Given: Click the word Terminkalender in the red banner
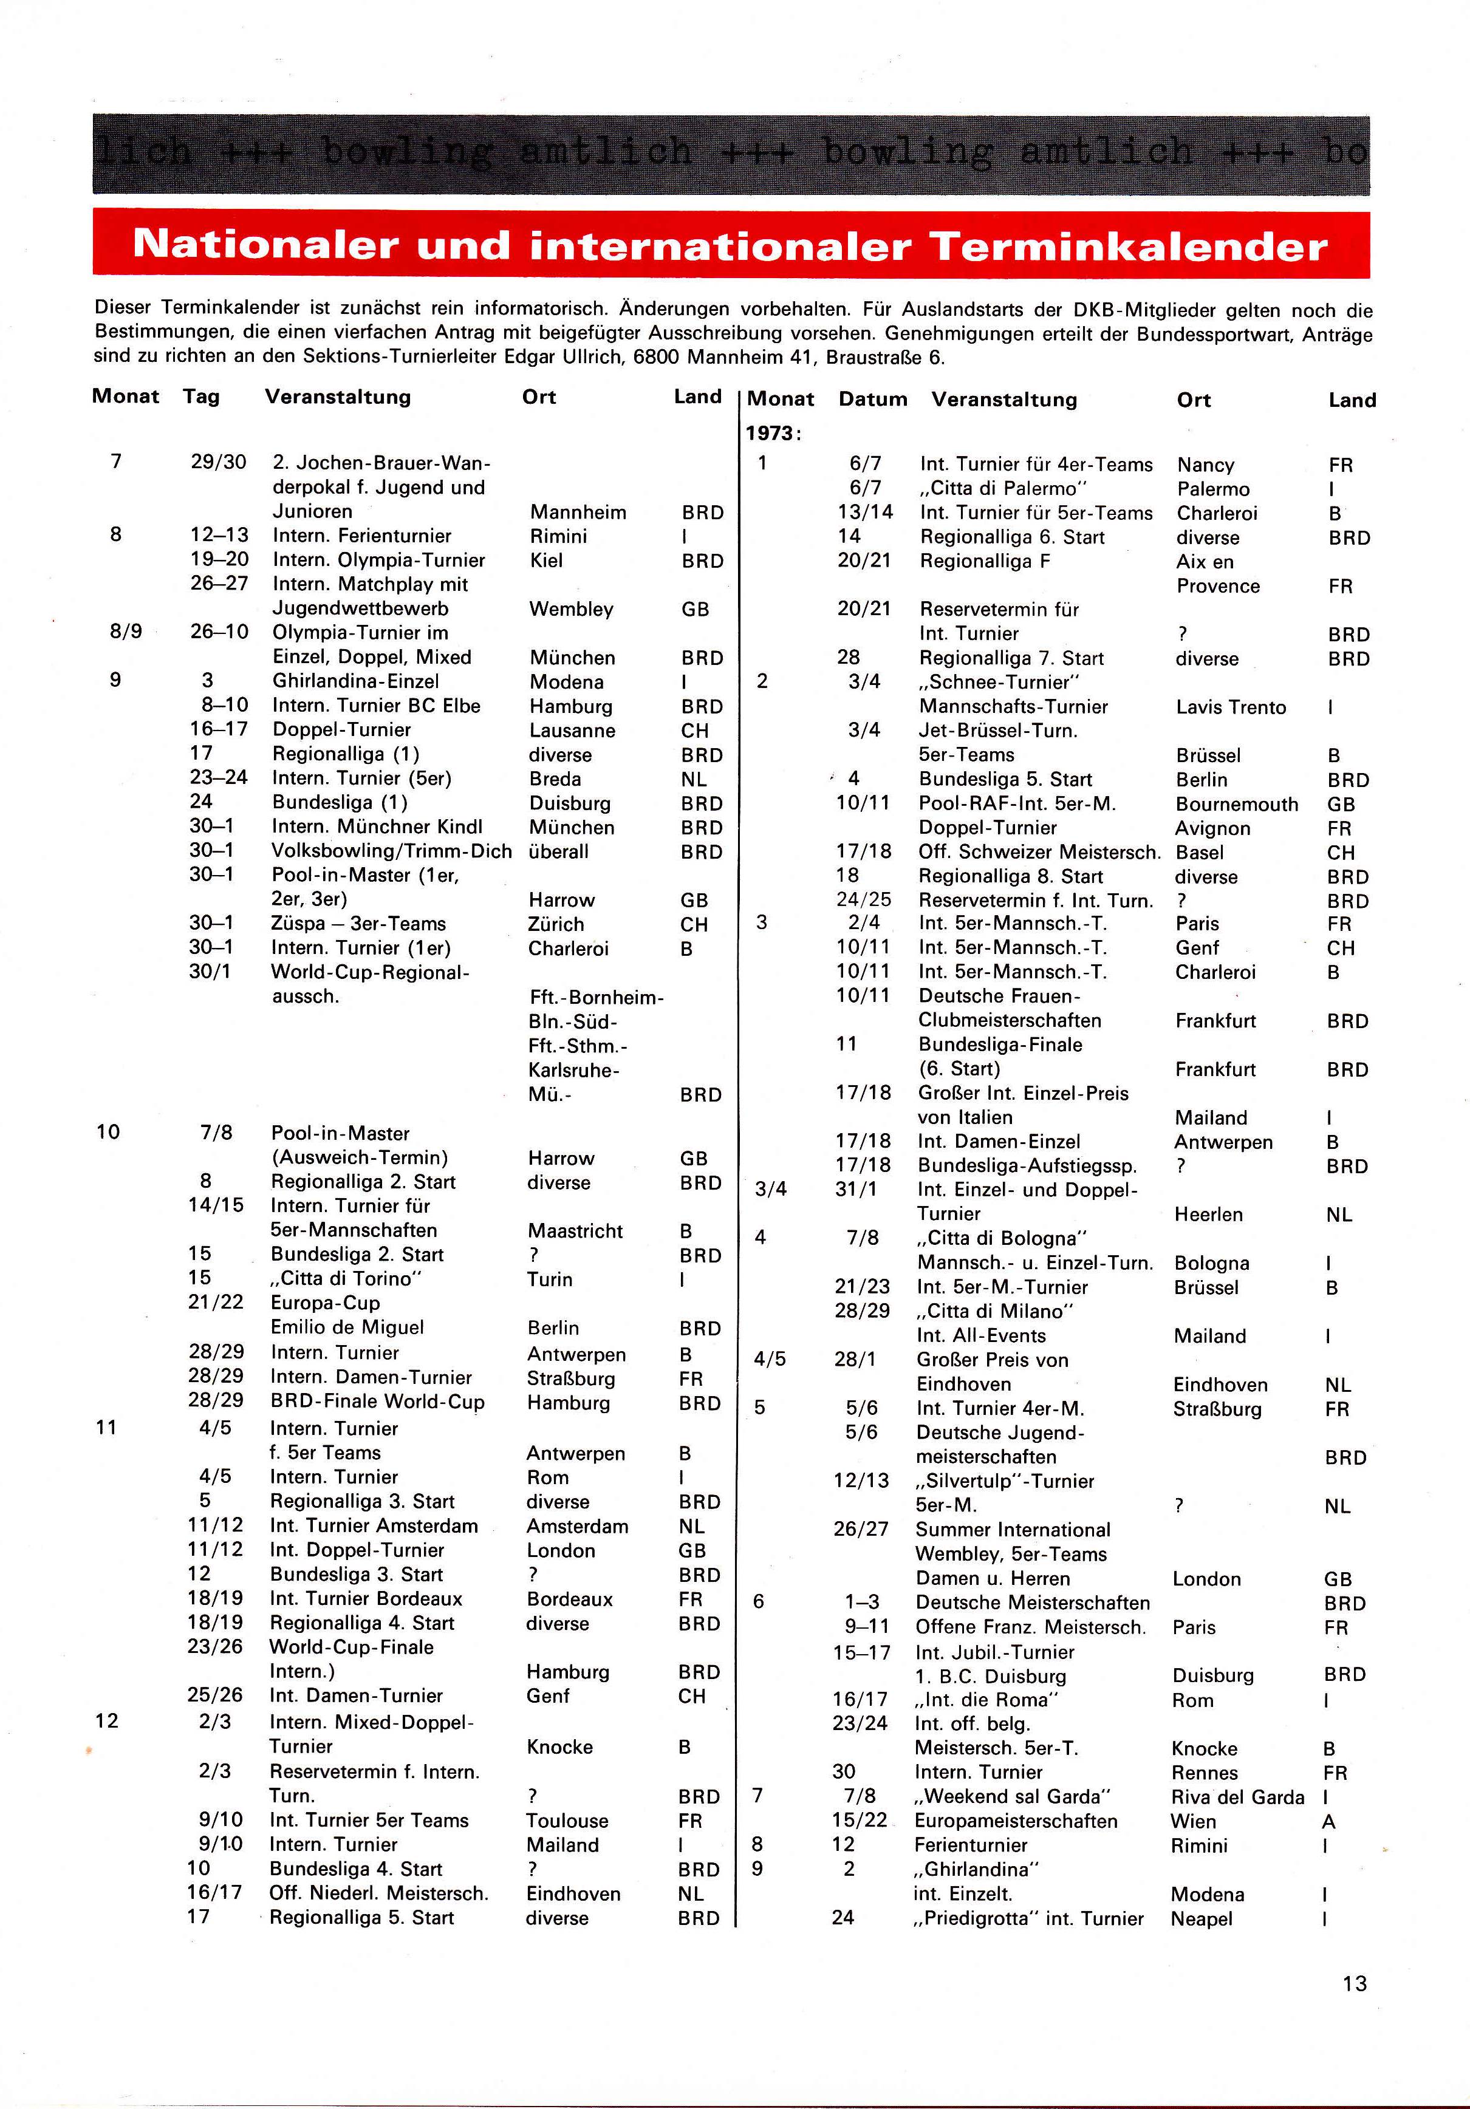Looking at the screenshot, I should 1128,245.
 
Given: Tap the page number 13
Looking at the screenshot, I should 1354,1983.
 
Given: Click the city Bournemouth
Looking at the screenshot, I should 1237,805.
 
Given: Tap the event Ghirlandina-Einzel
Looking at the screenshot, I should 355,681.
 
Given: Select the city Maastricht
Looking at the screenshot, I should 575,1231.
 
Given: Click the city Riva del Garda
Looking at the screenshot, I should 1237,1797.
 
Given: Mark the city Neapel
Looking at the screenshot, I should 1201,1919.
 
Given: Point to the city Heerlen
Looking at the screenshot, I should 1208,1215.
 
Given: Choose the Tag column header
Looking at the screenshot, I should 201,397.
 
